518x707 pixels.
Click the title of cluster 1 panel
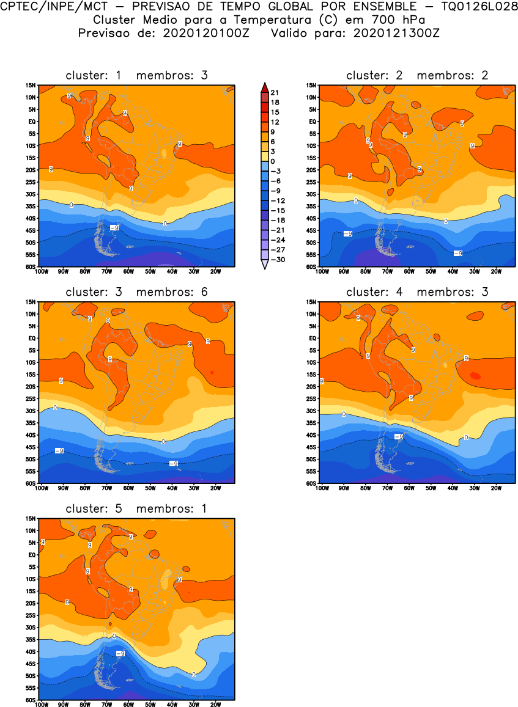coord(137,76)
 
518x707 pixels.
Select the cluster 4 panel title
coord(417,292)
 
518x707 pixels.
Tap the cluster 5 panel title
coord(137,509)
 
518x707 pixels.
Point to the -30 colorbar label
coord(277,259)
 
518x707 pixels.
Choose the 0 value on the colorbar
coord(272,161)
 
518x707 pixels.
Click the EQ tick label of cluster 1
coord(32,122)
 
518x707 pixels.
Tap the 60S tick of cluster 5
coord(31,700)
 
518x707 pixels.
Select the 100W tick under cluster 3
coord(42,488)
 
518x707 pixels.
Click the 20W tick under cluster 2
coord(496,271)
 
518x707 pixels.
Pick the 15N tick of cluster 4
coord(311,302)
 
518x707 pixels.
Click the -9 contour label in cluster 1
coord(114,227)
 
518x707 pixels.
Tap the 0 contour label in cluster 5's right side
coord(194,675)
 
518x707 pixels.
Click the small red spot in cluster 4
coord(475,376)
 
